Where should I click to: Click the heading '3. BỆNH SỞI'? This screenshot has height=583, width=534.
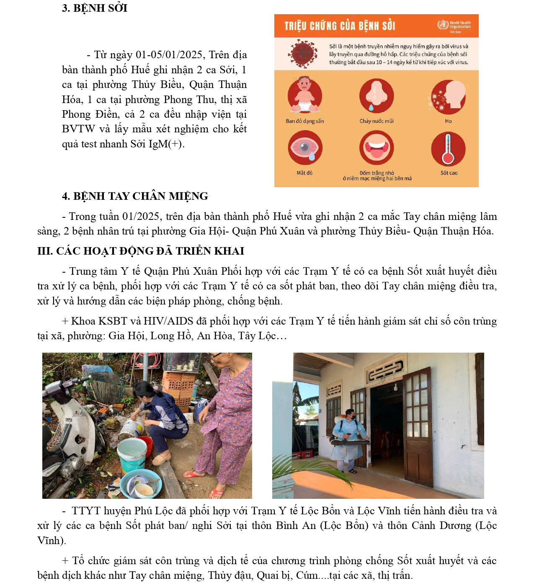(95, 8)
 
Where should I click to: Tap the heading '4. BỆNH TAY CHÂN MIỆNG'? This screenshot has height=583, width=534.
(135, 196)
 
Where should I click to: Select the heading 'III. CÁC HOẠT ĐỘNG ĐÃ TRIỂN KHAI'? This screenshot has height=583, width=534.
(141, 251)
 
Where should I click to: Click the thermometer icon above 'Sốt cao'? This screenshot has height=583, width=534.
(448, 149)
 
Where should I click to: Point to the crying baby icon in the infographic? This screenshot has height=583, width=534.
(304, 95)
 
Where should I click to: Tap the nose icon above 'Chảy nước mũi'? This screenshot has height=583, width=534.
(376, 95)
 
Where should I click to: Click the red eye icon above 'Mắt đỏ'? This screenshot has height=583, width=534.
(305, 148)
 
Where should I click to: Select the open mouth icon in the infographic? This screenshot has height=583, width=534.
(376, 148)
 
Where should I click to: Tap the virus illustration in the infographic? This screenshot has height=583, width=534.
(302, 54)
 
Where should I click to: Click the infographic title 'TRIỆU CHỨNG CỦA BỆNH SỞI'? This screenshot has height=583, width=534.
(340, 26)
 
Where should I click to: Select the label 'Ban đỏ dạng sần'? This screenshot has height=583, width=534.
(304, 121)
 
